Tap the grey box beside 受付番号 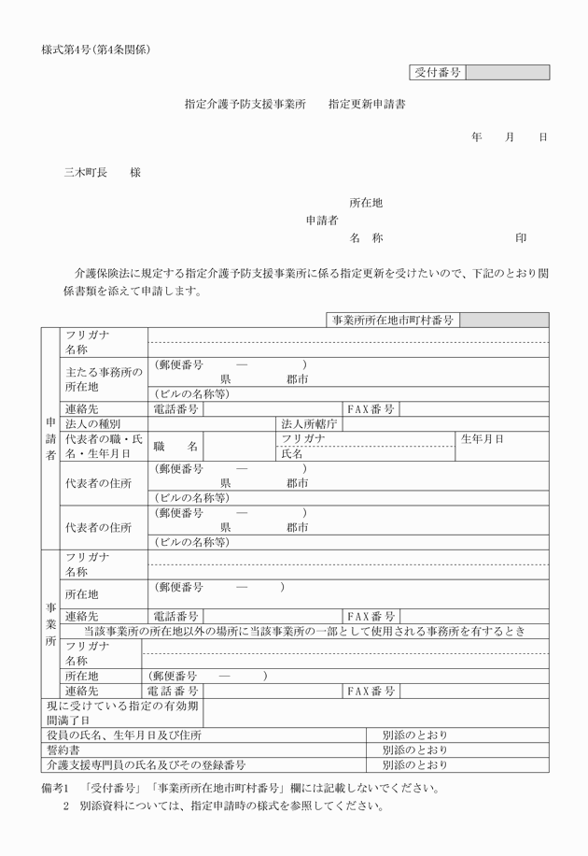pos(507,72)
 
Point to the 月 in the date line pos(510,137)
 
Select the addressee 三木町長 pos(85,173)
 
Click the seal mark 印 pos(521,238)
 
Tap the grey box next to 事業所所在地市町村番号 pos(504,320)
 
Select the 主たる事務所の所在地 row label pos(104,378)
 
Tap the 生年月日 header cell pos(483,438)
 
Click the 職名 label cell pos(176,447)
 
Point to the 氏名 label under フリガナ pos(292,454)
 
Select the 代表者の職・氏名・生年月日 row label pos(104,446)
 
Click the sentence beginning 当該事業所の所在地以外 pos(304,632)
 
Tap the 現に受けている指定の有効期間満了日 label pos(122,713)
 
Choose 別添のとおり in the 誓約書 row pos(414,749)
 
